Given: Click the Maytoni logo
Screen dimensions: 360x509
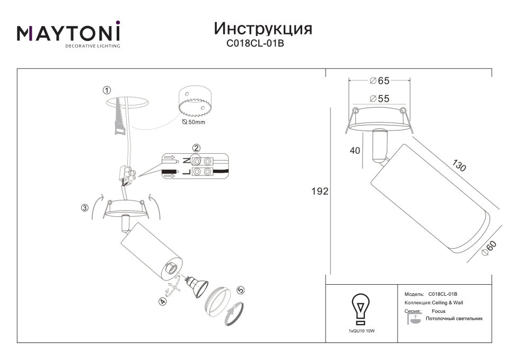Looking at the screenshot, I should (68, 34).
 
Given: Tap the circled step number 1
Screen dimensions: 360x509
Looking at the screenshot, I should (107, 91).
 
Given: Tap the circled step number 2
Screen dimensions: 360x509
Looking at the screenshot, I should (196, 148).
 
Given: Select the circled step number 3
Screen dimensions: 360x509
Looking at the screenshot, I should (84, 208).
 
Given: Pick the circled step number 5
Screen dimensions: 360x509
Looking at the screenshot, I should (241, 290).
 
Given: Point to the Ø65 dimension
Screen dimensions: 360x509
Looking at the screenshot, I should (379, 81).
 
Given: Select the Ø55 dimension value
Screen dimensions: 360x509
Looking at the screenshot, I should (379, 99).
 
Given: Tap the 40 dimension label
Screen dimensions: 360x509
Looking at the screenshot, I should (355, 151).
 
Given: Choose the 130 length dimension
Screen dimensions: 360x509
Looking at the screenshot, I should (459, 165).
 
